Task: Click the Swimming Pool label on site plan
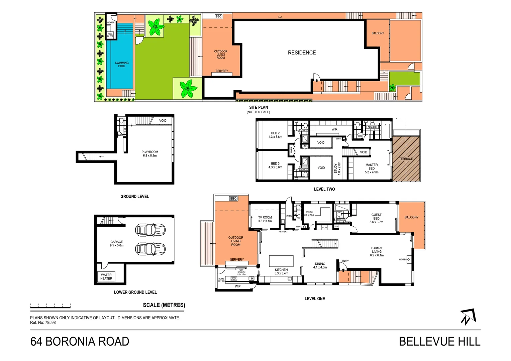click(122, 65)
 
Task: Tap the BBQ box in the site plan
click(218, 16)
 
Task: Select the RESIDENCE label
click(302, 52)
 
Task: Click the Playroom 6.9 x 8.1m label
click(150, 154)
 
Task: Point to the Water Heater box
click(106, 277)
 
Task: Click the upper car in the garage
click(150, 230)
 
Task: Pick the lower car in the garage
click(150, 249)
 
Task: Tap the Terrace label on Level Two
click(406, 159)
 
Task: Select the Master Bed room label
click(372, 168)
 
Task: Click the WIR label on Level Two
click(334, 129)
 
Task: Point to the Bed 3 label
click(275, 165)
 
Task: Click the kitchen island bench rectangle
click(281, 261)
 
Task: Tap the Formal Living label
click(377, 252)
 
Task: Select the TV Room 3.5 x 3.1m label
click(265, 219)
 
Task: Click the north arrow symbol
click(468, 317)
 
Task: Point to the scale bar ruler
click(50, 305)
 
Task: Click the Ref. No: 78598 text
click(43, 323)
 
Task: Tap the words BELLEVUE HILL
click(439, 342)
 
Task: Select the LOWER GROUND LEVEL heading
click(135, 292)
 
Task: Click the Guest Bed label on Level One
click(376, 218)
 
